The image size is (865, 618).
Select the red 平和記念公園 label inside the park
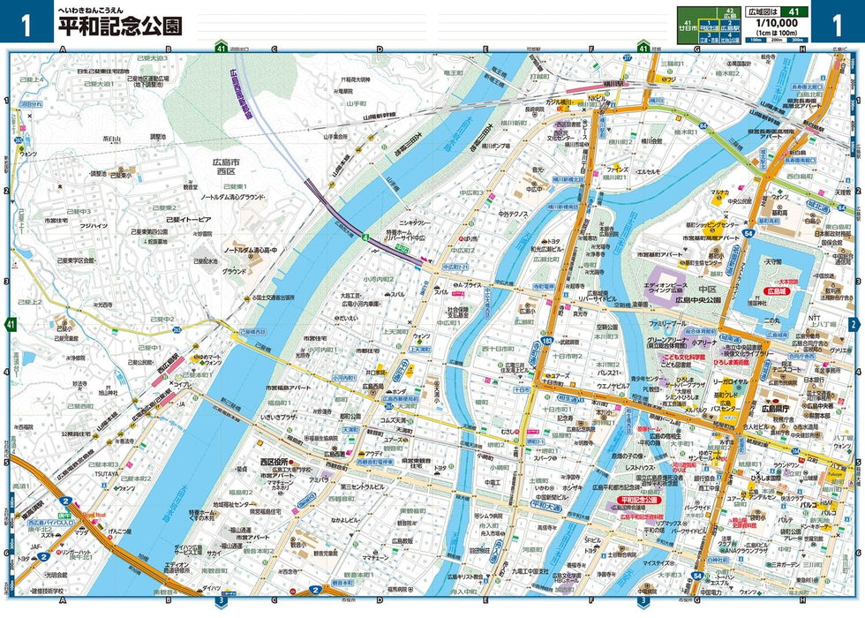click(x=640, y=500)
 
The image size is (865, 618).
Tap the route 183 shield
click(x=547, y=340)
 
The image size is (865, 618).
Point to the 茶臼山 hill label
click(x=112, y=139)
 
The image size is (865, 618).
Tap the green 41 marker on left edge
click(x=11, y=326)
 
